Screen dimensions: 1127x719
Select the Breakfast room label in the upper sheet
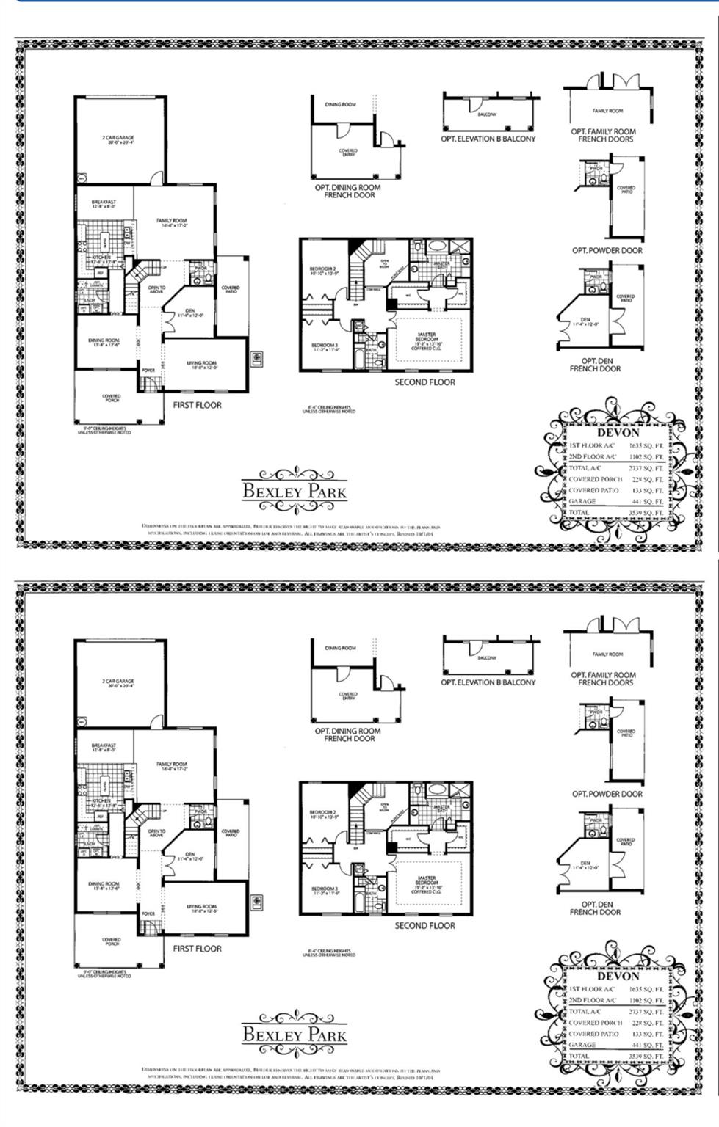104,204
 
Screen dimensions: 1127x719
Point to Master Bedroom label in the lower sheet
427,880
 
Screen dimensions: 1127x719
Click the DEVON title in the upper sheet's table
618,432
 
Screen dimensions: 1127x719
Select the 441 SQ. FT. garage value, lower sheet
647,1045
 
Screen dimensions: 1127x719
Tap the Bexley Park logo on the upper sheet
295,490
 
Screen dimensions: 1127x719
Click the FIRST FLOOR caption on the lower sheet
197,948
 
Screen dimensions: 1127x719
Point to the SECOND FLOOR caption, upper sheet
424,382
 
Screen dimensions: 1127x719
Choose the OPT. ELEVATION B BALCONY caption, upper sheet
488,139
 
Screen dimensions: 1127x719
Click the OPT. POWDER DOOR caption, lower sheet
607,794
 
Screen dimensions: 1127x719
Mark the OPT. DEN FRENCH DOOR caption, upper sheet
595,365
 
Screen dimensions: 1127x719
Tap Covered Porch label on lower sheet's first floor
112,941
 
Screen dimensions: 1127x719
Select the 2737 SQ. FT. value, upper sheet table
647,467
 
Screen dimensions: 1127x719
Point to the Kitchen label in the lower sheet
101,800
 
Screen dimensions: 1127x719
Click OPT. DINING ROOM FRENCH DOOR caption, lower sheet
348,734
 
